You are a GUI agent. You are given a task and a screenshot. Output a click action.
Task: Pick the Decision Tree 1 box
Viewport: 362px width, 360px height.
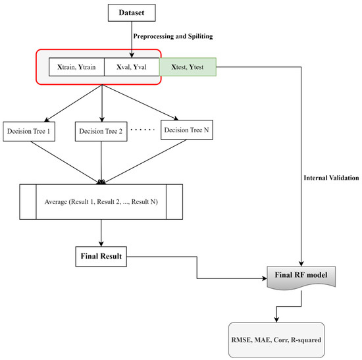pos(30,130)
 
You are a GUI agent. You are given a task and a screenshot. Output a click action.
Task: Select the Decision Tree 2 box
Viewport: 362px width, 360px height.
pos(103,130)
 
